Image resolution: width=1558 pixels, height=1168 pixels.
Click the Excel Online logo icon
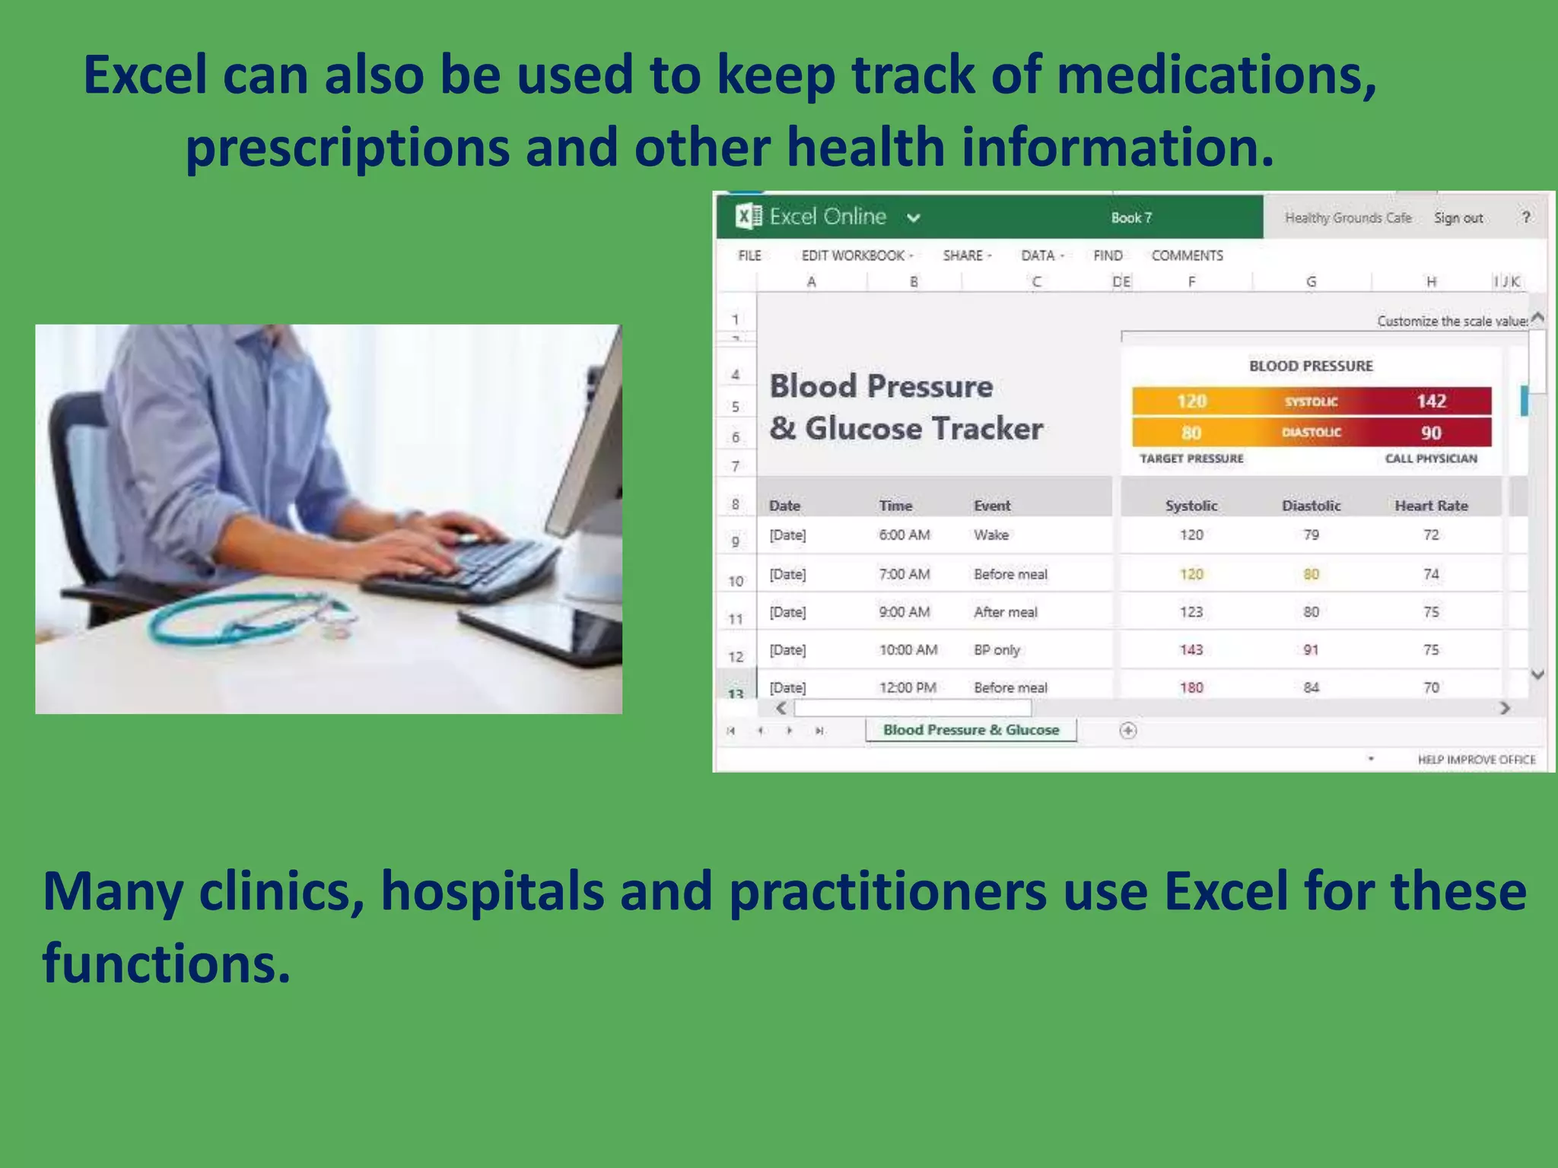click(x=748, y=217)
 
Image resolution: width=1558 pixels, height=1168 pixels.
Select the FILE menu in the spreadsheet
click(x=749, y=255)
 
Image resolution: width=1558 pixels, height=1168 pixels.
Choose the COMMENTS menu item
click(x=1187, y=255)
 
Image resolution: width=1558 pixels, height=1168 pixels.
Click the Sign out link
click(x=1458, y=218)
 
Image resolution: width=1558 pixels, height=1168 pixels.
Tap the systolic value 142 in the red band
click(x=1430, y=401)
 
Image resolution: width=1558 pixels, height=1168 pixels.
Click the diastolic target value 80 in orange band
click(x=1191, y=433)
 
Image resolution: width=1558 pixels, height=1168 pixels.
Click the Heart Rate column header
click(x=1430, y=506)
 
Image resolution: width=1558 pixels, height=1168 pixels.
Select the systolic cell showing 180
click(x=1191, y=687)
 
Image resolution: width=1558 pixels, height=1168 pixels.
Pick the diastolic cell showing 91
click(x=1311, y=649)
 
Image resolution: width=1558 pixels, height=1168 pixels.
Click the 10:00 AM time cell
click(x=908, y=649)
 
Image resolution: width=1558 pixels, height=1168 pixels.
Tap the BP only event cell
click(x=997, y=649)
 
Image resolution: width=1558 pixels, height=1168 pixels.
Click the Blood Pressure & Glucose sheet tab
click(x=971, y=730)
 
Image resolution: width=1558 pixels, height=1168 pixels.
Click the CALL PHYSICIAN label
click(x=1430, y=459)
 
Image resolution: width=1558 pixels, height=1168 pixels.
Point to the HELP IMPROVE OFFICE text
click(x=1476, y=760)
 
